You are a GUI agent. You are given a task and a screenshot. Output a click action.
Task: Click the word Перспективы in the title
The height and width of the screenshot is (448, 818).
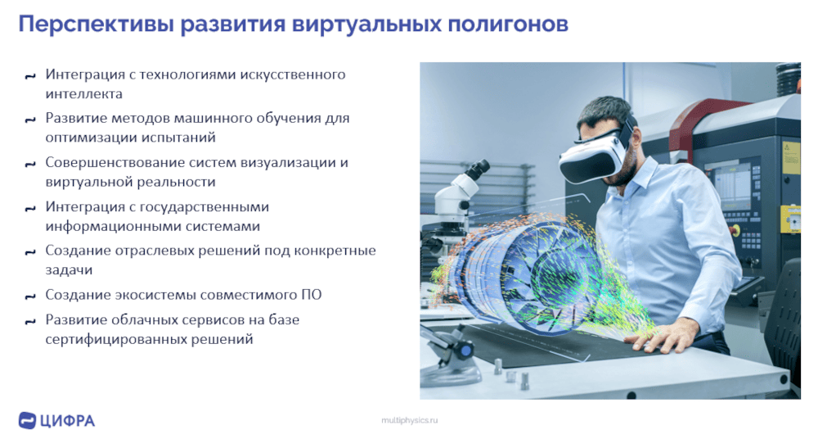[97, 25]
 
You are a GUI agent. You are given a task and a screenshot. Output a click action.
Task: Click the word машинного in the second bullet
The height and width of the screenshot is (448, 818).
[218, 118]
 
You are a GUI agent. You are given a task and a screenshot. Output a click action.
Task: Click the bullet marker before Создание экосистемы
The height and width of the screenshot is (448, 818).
[30, 296]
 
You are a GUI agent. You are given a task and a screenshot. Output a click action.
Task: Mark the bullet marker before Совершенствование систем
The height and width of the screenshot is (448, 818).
[30, 165]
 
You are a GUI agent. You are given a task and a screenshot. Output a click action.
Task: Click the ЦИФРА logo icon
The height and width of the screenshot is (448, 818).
[27, 420]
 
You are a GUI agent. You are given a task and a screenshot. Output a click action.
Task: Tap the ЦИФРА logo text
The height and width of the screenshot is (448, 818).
[67, 421]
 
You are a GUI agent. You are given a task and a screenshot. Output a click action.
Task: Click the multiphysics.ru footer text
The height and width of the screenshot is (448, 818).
[410, 420]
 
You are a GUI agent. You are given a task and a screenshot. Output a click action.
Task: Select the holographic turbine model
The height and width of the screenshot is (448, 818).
[537, 274]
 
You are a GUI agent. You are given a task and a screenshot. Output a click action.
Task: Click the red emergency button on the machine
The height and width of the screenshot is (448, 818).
[736, 230]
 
